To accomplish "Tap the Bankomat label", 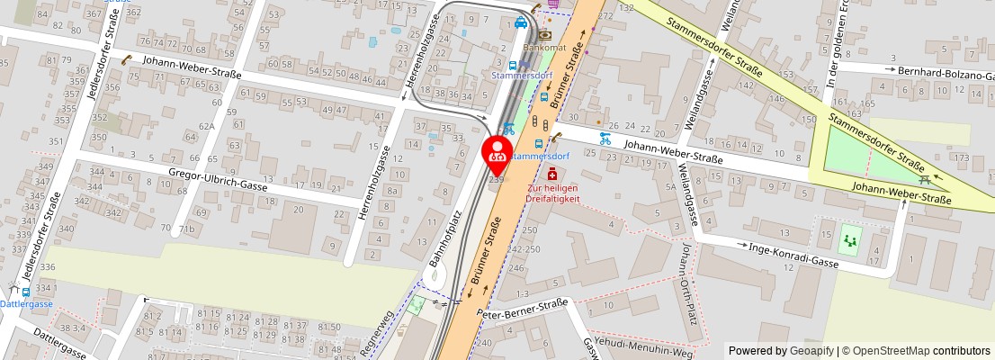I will coord(546,47).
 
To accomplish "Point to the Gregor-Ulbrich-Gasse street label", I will coord(218,182).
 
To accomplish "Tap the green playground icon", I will coord(849,240).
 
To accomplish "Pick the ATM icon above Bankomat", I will coord(545,34).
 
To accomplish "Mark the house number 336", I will coord(48,266).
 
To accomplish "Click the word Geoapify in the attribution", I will coord(811,350).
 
